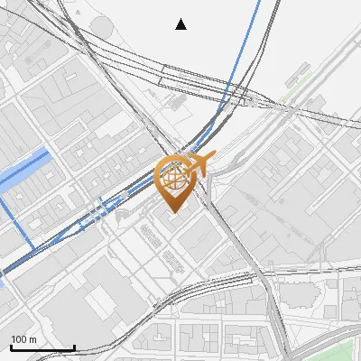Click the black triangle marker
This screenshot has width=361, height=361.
(181, 24)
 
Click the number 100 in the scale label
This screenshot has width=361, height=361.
(20, 339)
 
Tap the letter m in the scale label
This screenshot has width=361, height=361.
(33, 339)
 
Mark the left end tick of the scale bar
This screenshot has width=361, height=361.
(11, 347)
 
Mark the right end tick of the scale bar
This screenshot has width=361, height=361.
(74, 347)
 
